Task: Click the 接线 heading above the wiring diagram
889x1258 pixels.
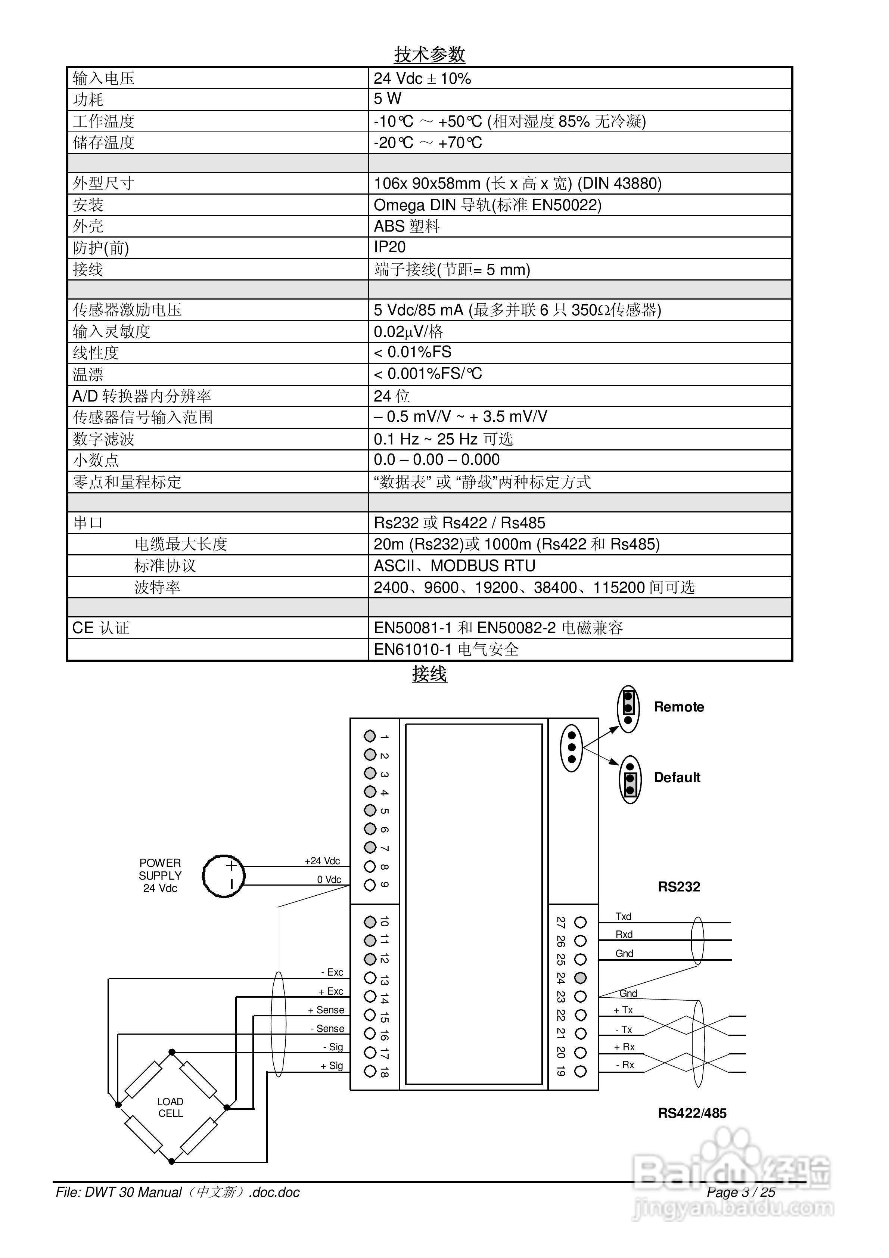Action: (x=430, y=674)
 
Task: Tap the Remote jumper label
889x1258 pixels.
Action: (x=679, y=707)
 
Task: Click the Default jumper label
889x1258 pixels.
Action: (x=677, y=778)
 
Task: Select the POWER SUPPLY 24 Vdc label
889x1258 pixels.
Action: (x=160, y=876)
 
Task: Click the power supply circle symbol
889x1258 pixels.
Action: (x=224, y=876)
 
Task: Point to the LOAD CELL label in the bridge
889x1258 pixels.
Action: (x=170, y=1107)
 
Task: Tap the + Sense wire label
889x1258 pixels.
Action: (x=326, y=1010)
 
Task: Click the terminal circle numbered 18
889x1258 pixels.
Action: (x=370, y=1071)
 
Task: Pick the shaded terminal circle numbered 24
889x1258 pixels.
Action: (x=581, y=978)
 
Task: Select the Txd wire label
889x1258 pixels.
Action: (x=623, y=917)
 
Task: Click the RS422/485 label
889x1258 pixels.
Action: (x=692, y=1113)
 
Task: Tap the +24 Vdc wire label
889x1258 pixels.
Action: (x=322, y=861)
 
